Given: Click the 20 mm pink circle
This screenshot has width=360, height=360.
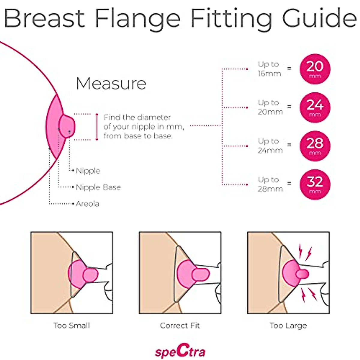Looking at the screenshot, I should [315, 69].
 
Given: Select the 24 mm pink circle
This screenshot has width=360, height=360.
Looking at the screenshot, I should [315, 107].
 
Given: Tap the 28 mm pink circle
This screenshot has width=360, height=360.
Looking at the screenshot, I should [315, 146].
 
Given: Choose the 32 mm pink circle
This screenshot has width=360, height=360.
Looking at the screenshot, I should [315, 184].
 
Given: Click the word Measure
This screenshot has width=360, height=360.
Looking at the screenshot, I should [111, 83].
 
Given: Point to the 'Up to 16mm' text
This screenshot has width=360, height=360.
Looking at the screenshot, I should [269, 69].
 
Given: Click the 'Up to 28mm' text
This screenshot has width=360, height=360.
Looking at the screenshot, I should [270, 184].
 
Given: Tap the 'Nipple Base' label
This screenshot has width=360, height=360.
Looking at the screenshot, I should [98, 187].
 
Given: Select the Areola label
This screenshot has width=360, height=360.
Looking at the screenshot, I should [87, 204].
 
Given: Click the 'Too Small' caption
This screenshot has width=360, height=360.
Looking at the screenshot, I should [72, 325].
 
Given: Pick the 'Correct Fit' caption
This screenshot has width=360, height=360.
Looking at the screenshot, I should [180, 325].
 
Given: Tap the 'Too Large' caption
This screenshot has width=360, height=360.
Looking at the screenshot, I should [288, 325].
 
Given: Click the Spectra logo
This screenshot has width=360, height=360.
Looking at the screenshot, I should [180, 351].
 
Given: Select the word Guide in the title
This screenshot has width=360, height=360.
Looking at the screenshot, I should [319, 19].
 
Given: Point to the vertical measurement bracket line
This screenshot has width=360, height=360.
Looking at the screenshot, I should [97, 127].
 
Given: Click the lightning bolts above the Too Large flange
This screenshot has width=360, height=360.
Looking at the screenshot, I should [304, 252].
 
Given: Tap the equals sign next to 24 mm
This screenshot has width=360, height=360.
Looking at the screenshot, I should [289, 106].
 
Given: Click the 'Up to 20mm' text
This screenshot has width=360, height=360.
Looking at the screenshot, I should [270, 107].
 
